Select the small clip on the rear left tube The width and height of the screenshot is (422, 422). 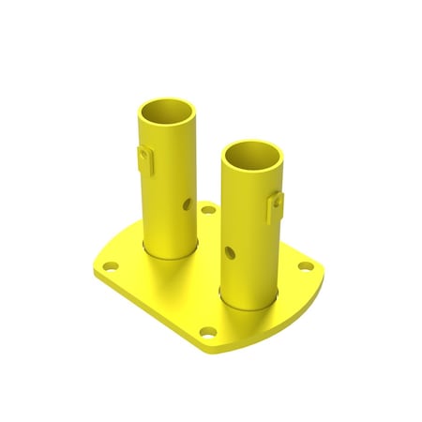click(x=143, y=157)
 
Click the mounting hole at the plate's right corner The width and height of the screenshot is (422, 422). click(x=305, y=268)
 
